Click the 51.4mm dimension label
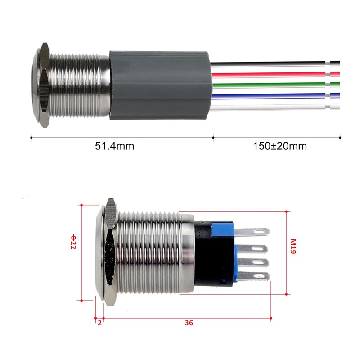pyautogui.click(x=114, y=146)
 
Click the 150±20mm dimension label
pyautogui.click(x=280, y=146)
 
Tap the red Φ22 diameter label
pyautogui.click(x=73, y=242)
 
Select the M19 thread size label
pyautogui.click(x=293, y=246)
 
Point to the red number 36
pyautogui.click(x=189, y=323)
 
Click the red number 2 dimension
pyautogui.click(x=99, y=323)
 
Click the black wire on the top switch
pyautogui.click(x=275, y=63)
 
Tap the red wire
pyautogui.click(x=275, y=74)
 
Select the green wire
pyautogui.click(x=276, y=84)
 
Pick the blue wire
pyautogui.click(x=276, y=95)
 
